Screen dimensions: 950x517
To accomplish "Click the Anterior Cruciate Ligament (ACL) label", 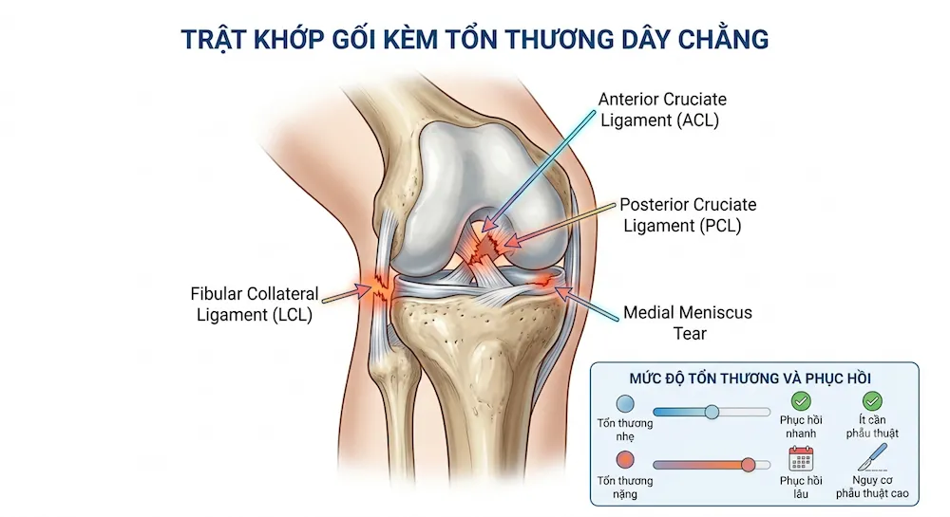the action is coord(661,109).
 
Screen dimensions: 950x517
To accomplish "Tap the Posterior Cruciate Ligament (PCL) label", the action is coord(687,214).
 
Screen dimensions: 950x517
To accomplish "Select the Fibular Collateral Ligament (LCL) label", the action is coord(255,305).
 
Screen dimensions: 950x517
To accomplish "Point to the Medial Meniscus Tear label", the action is coord(688,323).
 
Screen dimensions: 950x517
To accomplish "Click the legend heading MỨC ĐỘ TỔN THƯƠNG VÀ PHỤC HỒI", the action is coord(750,379).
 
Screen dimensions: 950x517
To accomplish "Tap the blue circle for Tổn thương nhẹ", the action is coord(625,404).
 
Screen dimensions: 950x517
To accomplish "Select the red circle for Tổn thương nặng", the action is coord(625,460).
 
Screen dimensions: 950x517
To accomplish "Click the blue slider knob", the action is coord(712,412).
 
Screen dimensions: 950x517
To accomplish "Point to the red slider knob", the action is coord(749,465).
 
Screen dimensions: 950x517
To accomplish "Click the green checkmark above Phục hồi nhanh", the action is coord(801,401).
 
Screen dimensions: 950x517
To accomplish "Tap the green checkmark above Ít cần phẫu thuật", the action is coord(872,400).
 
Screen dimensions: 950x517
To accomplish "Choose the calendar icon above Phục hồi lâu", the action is coord(801,459).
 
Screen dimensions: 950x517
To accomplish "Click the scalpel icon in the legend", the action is coord(872,456).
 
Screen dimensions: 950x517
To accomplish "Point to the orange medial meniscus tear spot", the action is coord(543,280).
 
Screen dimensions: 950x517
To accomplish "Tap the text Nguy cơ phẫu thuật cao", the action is coord(872,487).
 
